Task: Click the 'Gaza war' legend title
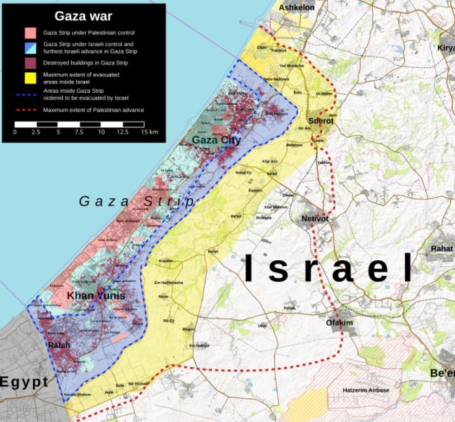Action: [x=84, y=15]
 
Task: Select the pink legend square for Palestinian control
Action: [x=30, y=32]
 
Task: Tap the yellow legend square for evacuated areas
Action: [x=30, y=77]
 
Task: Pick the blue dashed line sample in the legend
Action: [x=30, y=95]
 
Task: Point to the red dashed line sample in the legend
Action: [x=30, y=110]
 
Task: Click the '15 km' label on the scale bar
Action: [x=148, y=132]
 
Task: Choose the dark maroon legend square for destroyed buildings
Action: [x=30, y=63]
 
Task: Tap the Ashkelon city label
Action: [x=297, y=8]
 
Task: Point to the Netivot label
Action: [x=315, y=219]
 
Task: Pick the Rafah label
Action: [x=59, y=345]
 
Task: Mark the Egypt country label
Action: [x=25, y=382]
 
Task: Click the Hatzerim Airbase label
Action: [x=365, y=390]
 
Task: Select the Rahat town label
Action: [x=442, y=248]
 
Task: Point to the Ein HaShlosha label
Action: [x=168, y=282]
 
